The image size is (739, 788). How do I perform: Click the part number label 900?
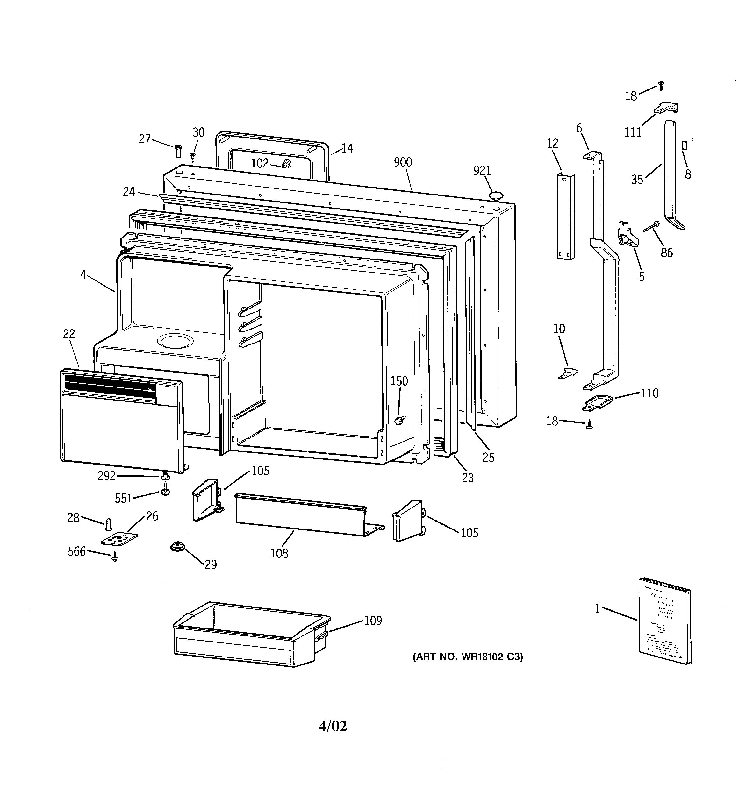point(403,162)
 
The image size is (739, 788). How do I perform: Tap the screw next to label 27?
point(178,151)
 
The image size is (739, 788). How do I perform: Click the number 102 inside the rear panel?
point(260,163)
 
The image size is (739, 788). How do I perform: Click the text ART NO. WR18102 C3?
point(468,657)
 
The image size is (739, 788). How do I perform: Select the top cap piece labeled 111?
point(666,108)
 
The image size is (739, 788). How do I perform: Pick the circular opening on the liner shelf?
point(175,340)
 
